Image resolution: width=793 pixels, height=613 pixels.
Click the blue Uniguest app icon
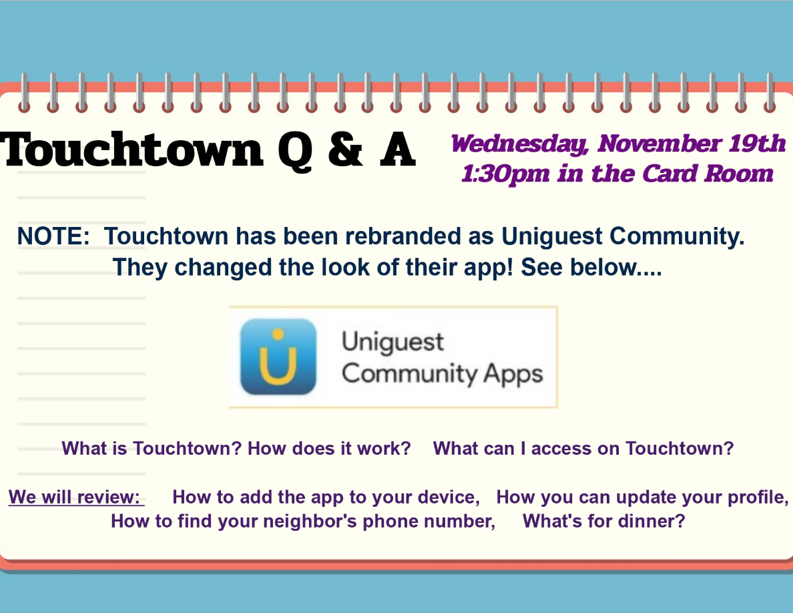pyautogui.click(x=278, y=357)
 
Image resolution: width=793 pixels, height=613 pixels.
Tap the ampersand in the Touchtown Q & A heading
pyautogui.click(x=345, y=149)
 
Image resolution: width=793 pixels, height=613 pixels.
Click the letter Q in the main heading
pyautogui.click(x=295, y=151)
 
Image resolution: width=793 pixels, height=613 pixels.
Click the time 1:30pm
pyautogui.click(x=505, y=174)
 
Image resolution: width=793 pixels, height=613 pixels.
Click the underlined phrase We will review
pyautogui.click(x=76, y=497)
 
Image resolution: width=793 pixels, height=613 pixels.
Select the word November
pyautogui.click(x=659, y=143)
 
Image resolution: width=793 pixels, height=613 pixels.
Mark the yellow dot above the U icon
pyautogui.click(x=278, y=335)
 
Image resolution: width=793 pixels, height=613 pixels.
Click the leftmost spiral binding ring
pyautogui.click(x=24, y=93)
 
